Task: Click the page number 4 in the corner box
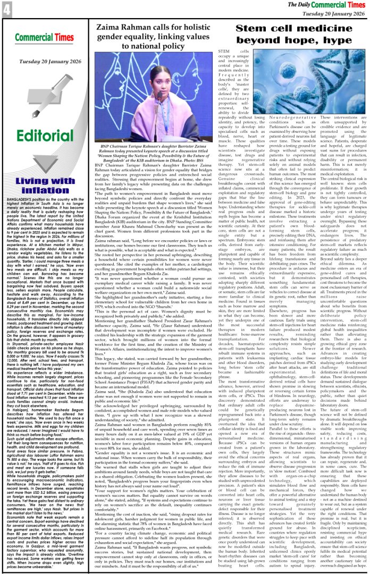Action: coord(7,10)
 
